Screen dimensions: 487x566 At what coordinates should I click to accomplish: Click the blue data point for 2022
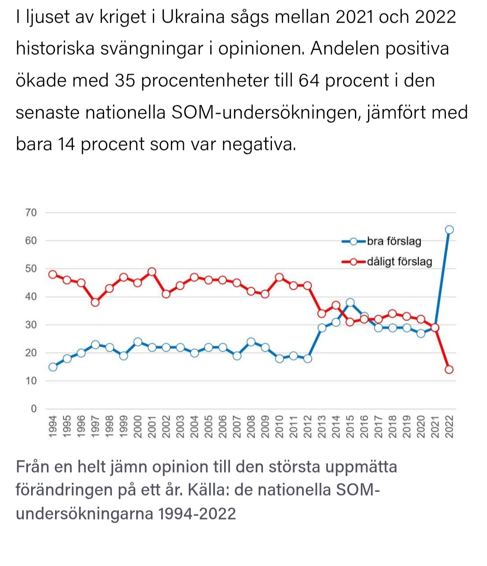449,230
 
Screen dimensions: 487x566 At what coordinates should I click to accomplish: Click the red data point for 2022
449,369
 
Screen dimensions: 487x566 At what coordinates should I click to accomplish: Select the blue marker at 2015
350,302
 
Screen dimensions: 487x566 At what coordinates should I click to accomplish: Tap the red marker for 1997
95,302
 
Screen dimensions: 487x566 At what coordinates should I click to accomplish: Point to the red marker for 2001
152,272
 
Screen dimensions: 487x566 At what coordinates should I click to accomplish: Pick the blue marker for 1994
53,367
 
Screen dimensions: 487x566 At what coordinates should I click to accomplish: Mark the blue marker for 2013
322,328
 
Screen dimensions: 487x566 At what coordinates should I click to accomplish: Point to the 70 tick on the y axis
31,213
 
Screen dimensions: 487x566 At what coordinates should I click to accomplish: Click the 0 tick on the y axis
34,408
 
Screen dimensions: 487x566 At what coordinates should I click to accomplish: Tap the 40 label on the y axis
31,297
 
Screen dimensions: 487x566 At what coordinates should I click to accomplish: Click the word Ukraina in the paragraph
193,17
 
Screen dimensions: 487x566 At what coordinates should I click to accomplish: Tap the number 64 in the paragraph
309,81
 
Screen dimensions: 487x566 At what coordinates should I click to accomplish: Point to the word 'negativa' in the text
259,144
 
